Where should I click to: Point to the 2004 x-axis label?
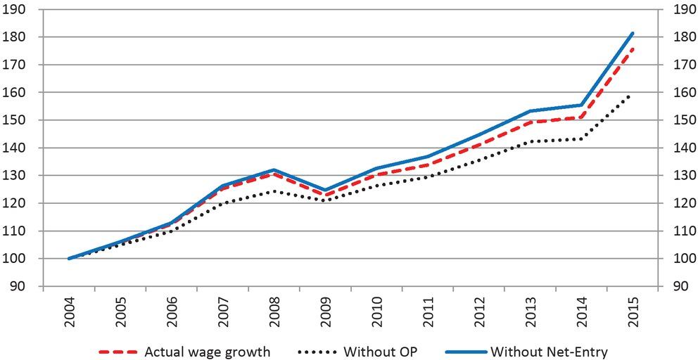pyautogui.click(x=70, y=314)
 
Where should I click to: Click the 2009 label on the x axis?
pyautogui.click(x=326, y=314)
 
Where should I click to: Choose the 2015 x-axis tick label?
pyautogui.click(x=633, y=314)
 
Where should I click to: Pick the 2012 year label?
pyautogui.click(x=479, y=314)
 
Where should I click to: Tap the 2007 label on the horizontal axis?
pyautogui.click(x=224, y=314)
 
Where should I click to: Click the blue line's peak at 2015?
pyautogui.click(x=633, y=33)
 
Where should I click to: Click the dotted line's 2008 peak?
pyautogui.click(x=274, y=191)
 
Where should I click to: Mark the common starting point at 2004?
pyautogui.click(x=70, y=259)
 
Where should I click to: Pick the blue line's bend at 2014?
pyautogui.click(x=581, y=105)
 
